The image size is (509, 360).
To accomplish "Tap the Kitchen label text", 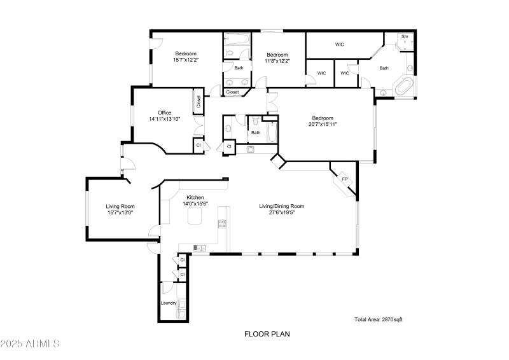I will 195,197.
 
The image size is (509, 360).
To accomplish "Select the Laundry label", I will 169,303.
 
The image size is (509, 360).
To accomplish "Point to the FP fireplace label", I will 345,179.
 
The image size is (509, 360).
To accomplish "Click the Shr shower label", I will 404,37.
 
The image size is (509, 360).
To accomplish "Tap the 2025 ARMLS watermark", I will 30,344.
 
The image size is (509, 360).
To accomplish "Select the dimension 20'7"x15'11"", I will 324,124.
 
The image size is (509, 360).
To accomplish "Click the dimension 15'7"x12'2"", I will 186,60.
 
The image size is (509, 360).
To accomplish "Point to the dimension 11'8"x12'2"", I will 278,61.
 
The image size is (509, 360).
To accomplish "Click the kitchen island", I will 194,218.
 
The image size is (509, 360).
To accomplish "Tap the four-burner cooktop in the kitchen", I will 223,223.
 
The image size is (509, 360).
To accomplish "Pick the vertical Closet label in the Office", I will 199,102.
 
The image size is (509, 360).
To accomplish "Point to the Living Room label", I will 120,206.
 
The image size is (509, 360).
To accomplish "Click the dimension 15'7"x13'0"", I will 120,213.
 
